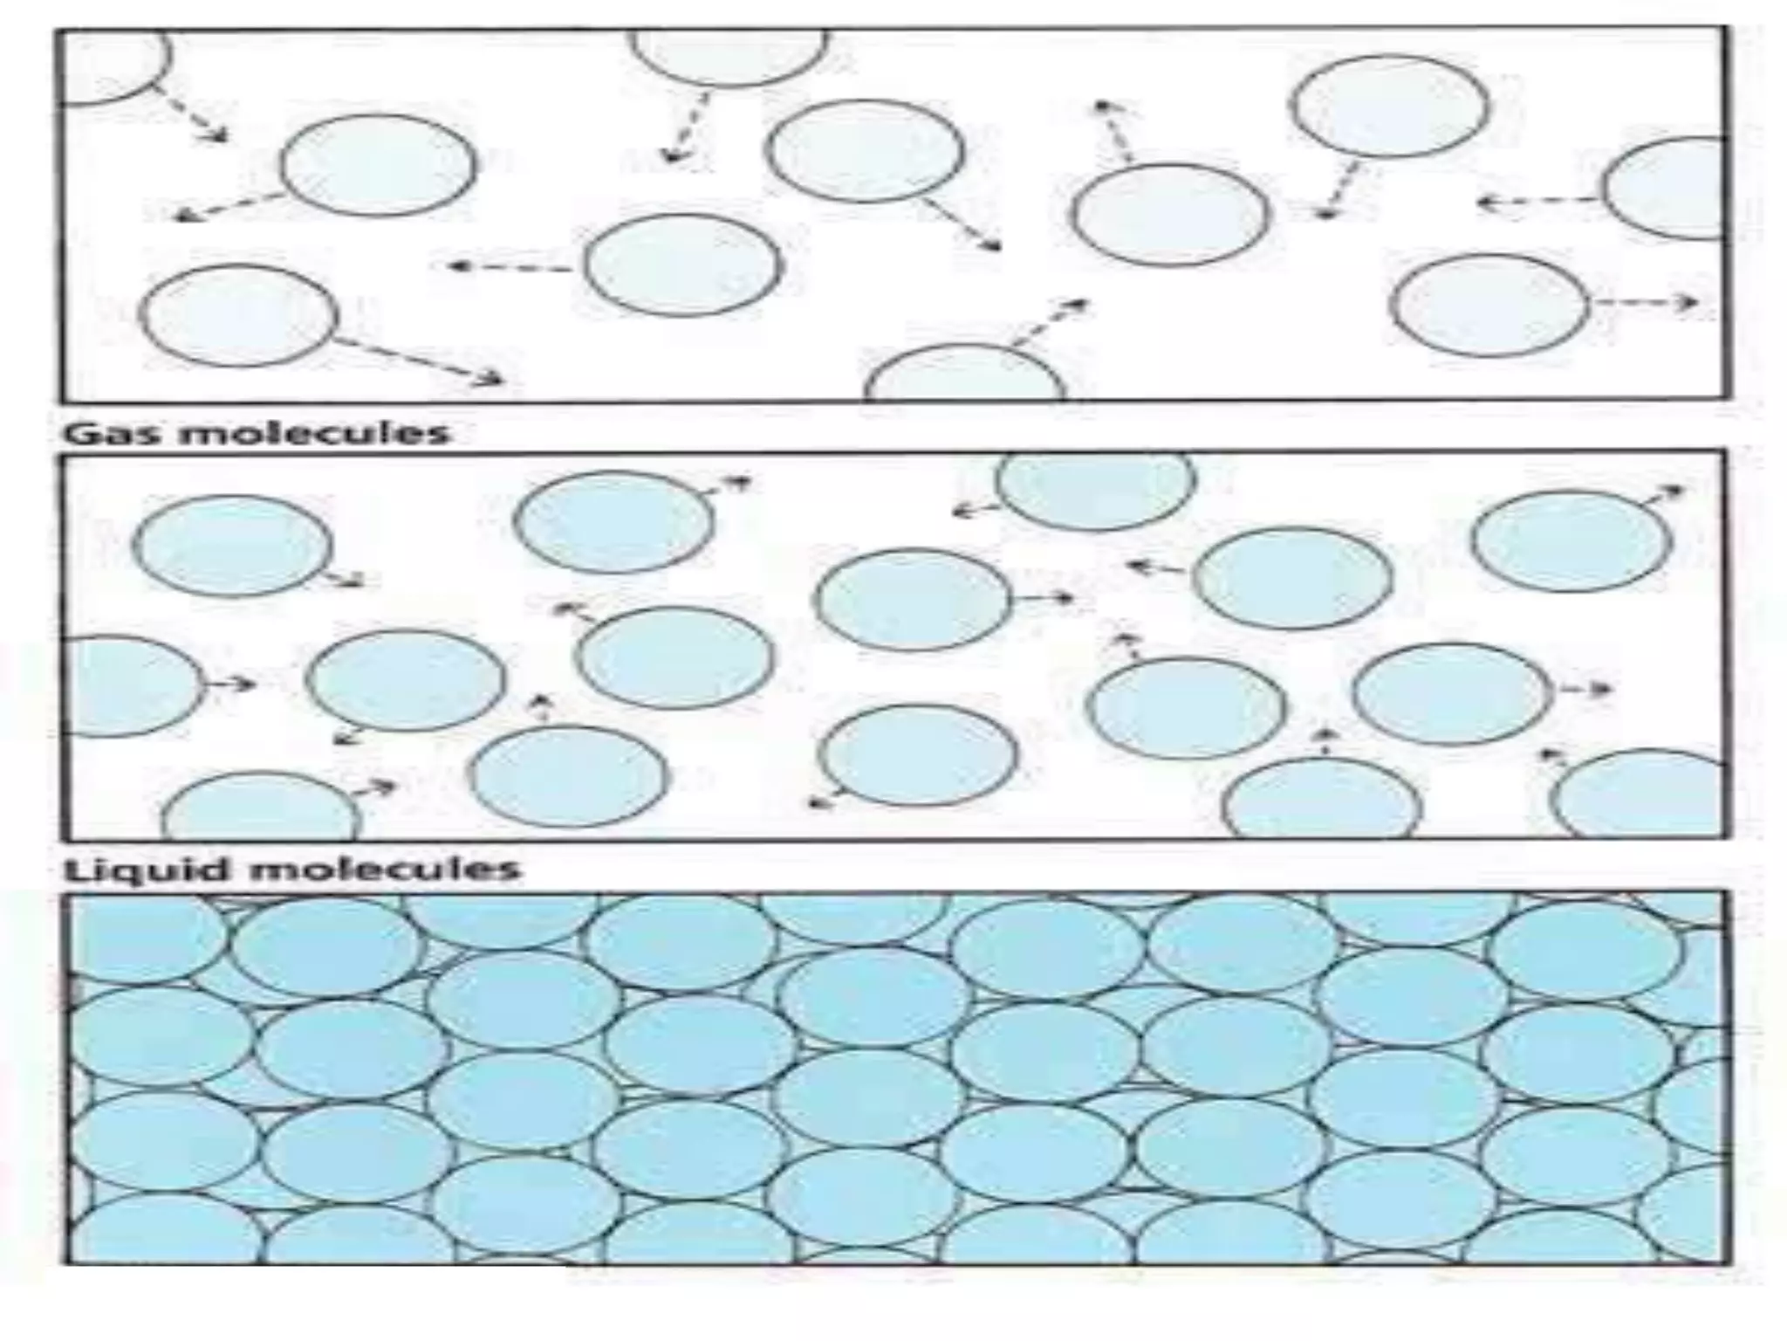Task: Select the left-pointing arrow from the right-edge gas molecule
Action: click(x=1540, y=203)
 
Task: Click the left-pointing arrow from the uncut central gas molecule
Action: click(x=510, y=266)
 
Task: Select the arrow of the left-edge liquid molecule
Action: click(x=229, y=684)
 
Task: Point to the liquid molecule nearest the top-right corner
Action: click(x=1571, y=541)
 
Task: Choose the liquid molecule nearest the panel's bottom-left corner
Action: click(x=262, y=808)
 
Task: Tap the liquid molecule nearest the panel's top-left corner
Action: click(x=232, y=546)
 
